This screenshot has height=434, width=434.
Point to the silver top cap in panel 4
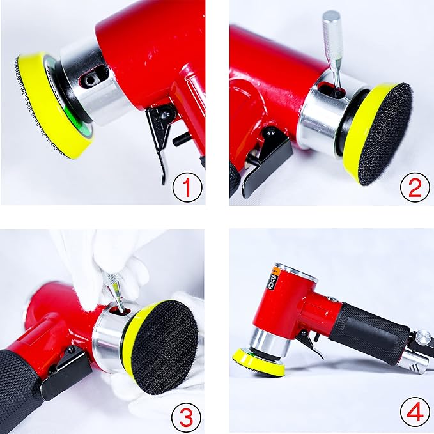[295, 271]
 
